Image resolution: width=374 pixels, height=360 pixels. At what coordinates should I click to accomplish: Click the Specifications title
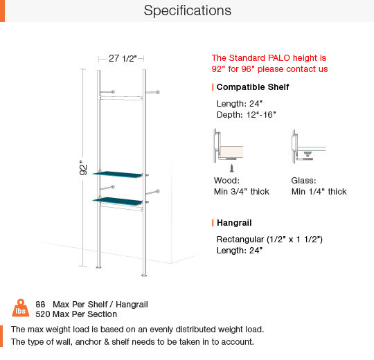[188, 10]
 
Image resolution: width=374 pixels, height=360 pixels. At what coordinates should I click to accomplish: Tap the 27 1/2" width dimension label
[123, 58]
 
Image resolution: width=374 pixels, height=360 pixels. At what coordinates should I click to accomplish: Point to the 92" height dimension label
[83, 168]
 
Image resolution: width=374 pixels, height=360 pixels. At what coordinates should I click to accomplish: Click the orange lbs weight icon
[21, 308]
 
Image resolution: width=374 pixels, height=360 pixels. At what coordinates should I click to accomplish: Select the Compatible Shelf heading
[253, 87]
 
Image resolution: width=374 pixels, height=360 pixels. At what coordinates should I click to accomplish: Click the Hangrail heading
[234, 223]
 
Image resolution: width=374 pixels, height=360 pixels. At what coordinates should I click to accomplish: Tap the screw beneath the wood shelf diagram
[231, 168]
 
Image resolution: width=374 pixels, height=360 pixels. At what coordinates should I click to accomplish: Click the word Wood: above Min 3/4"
[226, 181]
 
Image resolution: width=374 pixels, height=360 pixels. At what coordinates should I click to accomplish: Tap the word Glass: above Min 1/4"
[303, 181]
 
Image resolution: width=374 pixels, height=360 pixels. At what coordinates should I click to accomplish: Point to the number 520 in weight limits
[43, 314]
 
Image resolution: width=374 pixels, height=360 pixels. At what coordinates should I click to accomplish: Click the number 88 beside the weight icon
[40, 305]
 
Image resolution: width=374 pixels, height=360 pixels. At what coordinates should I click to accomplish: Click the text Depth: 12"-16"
[246, 115]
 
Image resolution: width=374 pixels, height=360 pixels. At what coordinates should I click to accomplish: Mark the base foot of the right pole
[144, 275]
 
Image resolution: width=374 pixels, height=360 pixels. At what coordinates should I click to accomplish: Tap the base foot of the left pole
[98, 267]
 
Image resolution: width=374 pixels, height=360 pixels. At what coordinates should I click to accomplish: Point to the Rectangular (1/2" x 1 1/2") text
[269, 239]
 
